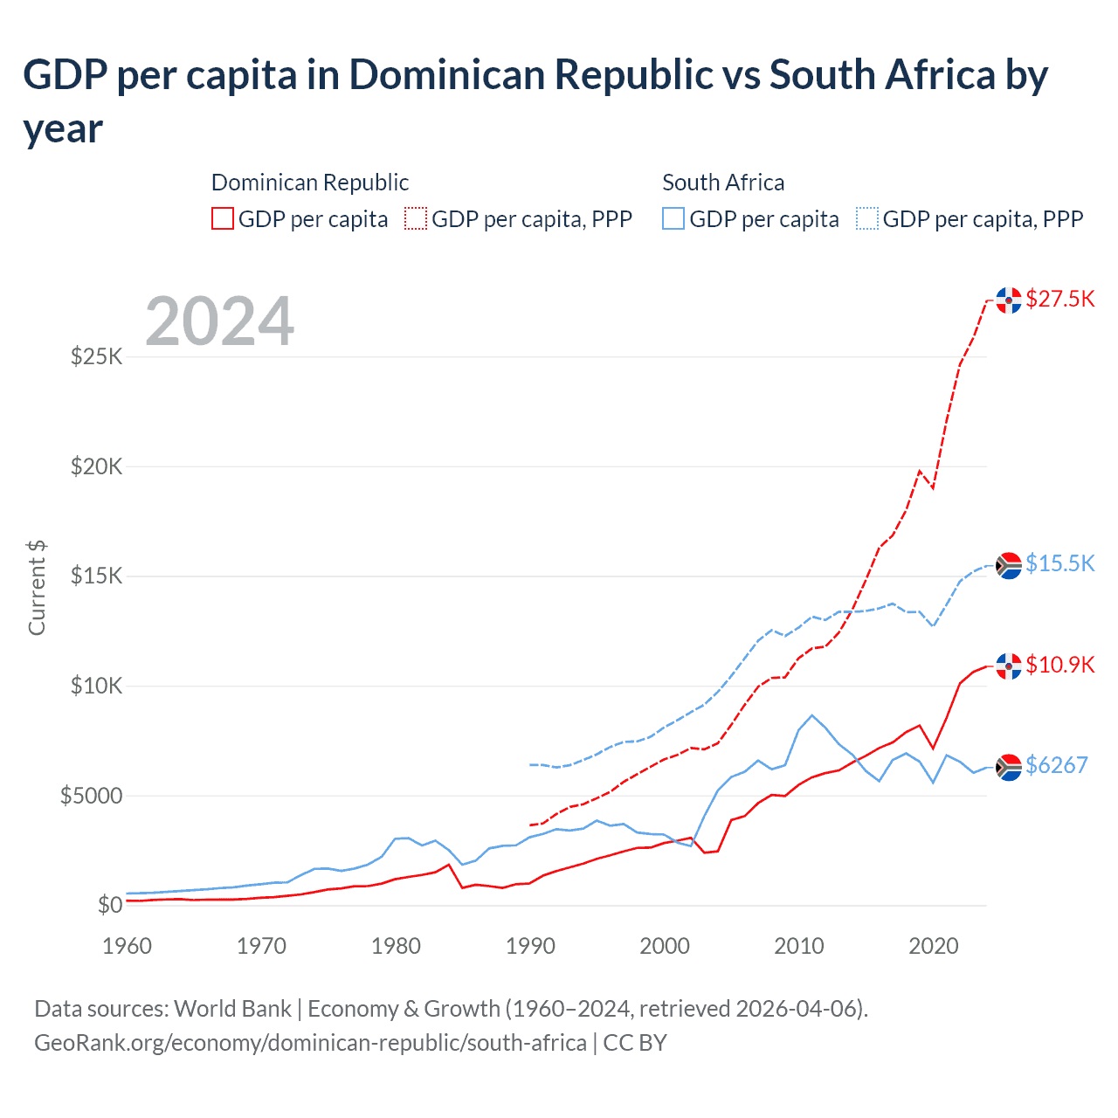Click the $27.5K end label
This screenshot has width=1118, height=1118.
[1059, 299]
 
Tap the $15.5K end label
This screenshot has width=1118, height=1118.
[1059, 563]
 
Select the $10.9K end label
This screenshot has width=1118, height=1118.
[1059, 665]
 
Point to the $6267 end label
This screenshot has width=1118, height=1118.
[1056, 765]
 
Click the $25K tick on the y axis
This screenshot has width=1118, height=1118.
[97, 356]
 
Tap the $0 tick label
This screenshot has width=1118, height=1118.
[109, 905]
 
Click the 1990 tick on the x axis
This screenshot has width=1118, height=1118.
[530, 946]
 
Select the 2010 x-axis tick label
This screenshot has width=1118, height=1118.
[799, 946]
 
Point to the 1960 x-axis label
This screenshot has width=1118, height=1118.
[128, 946]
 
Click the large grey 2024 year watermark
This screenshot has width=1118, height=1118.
[219, 321]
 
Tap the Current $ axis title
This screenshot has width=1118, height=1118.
[37, 587]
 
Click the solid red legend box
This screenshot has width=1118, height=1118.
[223, 218]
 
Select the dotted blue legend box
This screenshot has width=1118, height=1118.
[867, 218]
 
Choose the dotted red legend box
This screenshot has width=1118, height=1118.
[416, 218]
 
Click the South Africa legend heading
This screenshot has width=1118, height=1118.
[723, 183]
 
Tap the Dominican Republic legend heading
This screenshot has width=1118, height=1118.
[310, 183]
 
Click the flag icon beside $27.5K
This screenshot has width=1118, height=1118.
[1009, 300]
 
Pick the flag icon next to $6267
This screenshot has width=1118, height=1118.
[1009, 766]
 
